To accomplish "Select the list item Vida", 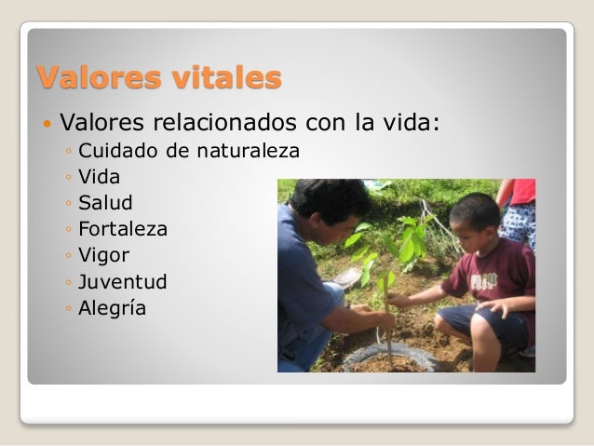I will pos(100,176).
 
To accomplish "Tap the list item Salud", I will pos(105,202).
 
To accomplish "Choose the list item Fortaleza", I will pos(123,228).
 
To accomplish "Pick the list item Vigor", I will pos(104,255).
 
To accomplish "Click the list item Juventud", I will pos(122,281).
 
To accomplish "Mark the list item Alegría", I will pos(112,308).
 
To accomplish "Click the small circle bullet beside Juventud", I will pos(70,282).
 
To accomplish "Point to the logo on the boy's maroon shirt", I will pos(483,281).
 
